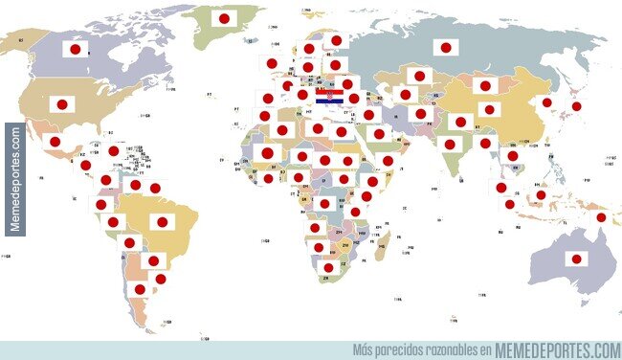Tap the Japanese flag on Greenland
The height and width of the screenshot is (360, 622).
click(x=225, y=18)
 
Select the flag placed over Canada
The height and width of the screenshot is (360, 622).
click(x=77, y=48)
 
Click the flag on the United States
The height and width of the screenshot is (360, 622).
click(x=63, y=103)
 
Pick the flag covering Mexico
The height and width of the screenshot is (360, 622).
click(x=55, y=142)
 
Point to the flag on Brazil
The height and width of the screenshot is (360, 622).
click(x=162, y=222)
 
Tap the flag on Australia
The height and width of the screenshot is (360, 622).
click(x=576, y=259)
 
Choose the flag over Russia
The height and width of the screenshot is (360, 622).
click(x=445, y=47)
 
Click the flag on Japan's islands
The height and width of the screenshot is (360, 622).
click(x=576, y=106)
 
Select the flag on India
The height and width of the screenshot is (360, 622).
click(x=451, y=145)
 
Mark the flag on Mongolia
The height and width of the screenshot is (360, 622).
click(x=485, y=85)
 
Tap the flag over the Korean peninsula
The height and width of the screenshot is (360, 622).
click(x=547, y=102)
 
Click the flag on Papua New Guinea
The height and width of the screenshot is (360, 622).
click(x=601, y=217)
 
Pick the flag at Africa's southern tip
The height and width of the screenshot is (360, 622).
click(x=328, y=267)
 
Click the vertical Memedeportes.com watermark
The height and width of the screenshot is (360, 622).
click(x=13, y=180)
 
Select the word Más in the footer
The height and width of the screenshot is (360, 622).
click(x=364, y=350)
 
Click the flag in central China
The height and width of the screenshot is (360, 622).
click(x=491, y=110)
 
